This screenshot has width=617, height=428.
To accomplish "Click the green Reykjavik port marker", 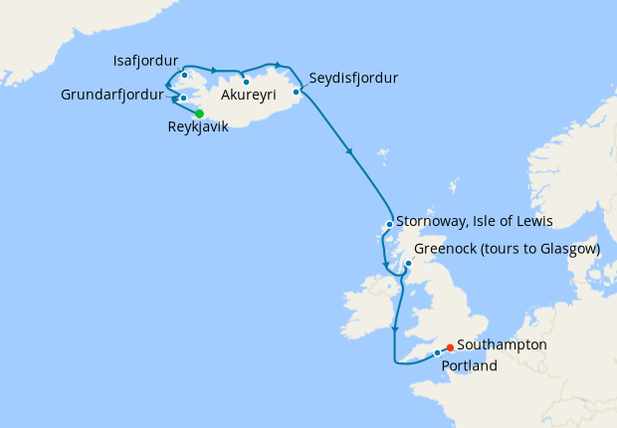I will click(199, 113).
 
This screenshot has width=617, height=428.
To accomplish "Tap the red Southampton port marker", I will click(450, 347).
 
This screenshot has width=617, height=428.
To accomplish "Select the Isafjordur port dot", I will click(184, 75).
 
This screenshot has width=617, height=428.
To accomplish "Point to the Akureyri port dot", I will click(246, 82).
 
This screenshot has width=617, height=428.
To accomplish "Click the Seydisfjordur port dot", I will click(297, 92).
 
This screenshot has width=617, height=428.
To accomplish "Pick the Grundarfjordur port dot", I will click(183, 98).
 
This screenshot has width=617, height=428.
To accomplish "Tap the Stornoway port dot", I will click(389, 224).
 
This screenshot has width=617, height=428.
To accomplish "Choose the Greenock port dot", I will click(408, 263).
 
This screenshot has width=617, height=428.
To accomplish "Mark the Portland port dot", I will click(437, 352).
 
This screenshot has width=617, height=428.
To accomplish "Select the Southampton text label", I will click(502, 344).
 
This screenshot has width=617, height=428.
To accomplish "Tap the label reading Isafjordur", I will click(146, 61).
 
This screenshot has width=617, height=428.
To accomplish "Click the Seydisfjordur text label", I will click(353, 78).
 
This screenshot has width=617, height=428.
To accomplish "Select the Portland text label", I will click(471, 366).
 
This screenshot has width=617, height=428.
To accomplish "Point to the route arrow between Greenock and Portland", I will click(396, 329).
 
